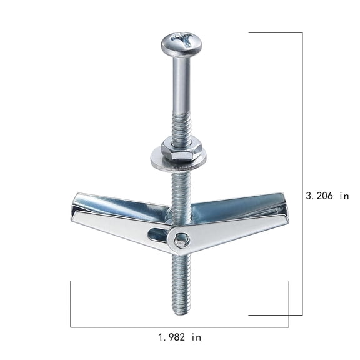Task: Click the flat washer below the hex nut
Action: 178,160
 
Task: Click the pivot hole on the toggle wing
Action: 182,240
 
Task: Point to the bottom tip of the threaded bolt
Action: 182,315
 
